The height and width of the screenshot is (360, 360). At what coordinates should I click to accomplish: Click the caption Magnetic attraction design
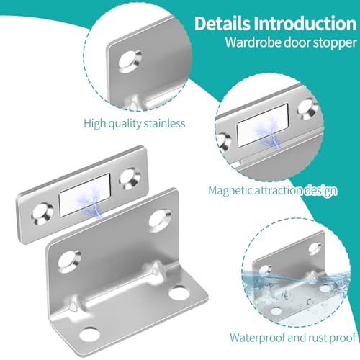pos(272,191)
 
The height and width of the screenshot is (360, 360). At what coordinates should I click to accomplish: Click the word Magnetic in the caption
pos(230,191)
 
